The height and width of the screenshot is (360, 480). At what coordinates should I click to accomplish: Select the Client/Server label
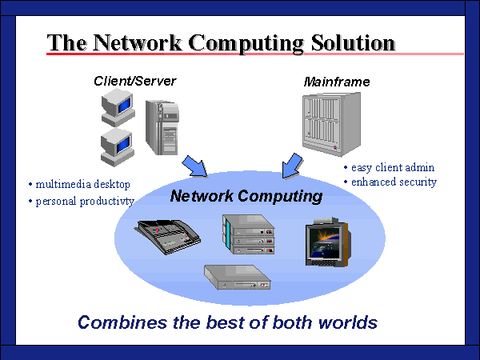pos(134,81)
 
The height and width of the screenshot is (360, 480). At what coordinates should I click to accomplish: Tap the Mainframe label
pos(337,82)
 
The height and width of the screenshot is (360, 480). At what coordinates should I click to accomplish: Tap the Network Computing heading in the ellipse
pos(246,196)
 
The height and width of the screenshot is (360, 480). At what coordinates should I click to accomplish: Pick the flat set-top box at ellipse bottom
pos(238,278)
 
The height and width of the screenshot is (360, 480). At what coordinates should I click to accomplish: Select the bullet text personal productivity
pos(84,201)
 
